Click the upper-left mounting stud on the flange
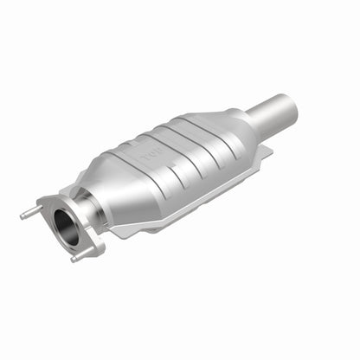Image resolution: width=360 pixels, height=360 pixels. tap(31, 211)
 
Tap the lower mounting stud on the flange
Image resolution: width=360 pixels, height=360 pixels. tap(80, 255)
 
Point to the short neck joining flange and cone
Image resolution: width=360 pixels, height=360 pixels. tap(87, 212)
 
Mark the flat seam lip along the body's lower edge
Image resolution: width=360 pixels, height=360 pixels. tap(173, 216)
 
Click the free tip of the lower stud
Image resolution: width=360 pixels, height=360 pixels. tap(73, 259)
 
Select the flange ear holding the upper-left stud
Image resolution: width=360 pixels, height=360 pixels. tap(44, 208)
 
